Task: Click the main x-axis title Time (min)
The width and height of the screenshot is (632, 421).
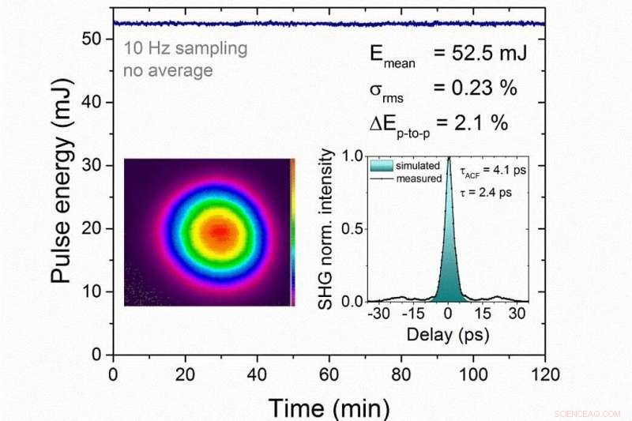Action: coord(329,408)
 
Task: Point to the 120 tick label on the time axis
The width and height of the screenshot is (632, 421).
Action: coord(544,373)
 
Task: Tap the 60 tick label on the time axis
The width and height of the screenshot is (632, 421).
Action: coord(329,373)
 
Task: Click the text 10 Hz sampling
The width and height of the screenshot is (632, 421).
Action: coord(185,48)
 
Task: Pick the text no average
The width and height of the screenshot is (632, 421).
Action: coord(167,70)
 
